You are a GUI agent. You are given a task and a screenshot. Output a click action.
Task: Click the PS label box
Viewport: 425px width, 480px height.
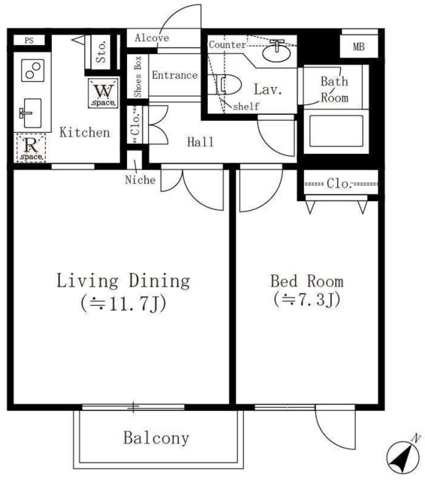click(x=29, y=40)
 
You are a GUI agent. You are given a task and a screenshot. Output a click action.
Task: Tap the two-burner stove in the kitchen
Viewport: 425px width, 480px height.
click(x=33, y=70)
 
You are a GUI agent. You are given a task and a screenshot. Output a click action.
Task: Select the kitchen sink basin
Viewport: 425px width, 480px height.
click(x=32, y=113)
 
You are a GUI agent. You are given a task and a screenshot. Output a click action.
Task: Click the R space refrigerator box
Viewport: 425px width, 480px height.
click(x=31, y=148)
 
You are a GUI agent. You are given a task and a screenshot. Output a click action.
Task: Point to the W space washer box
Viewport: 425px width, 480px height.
click(x=104, y=93)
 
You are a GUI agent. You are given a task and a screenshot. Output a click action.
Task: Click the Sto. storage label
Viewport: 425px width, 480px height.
click(x=101, y=52)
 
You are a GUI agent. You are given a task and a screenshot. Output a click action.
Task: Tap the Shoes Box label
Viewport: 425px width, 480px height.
click(x=138, y=76)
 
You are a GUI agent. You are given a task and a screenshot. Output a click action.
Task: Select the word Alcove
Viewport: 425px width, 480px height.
click(x=152, y=38)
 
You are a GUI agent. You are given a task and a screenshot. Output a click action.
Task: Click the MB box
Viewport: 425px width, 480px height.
click(x=359, y=46)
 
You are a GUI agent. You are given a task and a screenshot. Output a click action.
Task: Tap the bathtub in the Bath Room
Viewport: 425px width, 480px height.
click(x=336, y=131)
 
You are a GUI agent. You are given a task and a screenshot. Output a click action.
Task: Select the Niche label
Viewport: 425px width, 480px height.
click(x=140, y=180)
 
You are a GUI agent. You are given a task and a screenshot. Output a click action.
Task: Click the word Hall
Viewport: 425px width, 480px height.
click(x=200, y=142)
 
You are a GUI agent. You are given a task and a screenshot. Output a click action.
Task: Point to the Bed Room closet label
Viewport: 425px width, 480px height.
click(x=339, y=184)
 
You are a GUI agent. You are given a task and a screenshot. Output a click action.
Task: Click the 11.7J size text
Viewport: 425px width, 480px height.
click(x=123, y=304)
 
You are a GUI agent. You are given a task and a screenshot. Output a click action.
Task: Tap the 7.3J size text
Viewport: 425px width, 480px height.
click(x=307, y=300)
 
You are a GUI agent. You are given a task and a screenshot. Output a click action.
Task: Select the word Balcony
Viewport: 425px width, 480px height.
click(x=156, y=438)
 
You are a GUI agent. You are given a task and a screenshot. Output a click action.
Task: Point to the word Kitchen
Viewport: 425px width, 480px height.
click(x=85, y=132)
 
